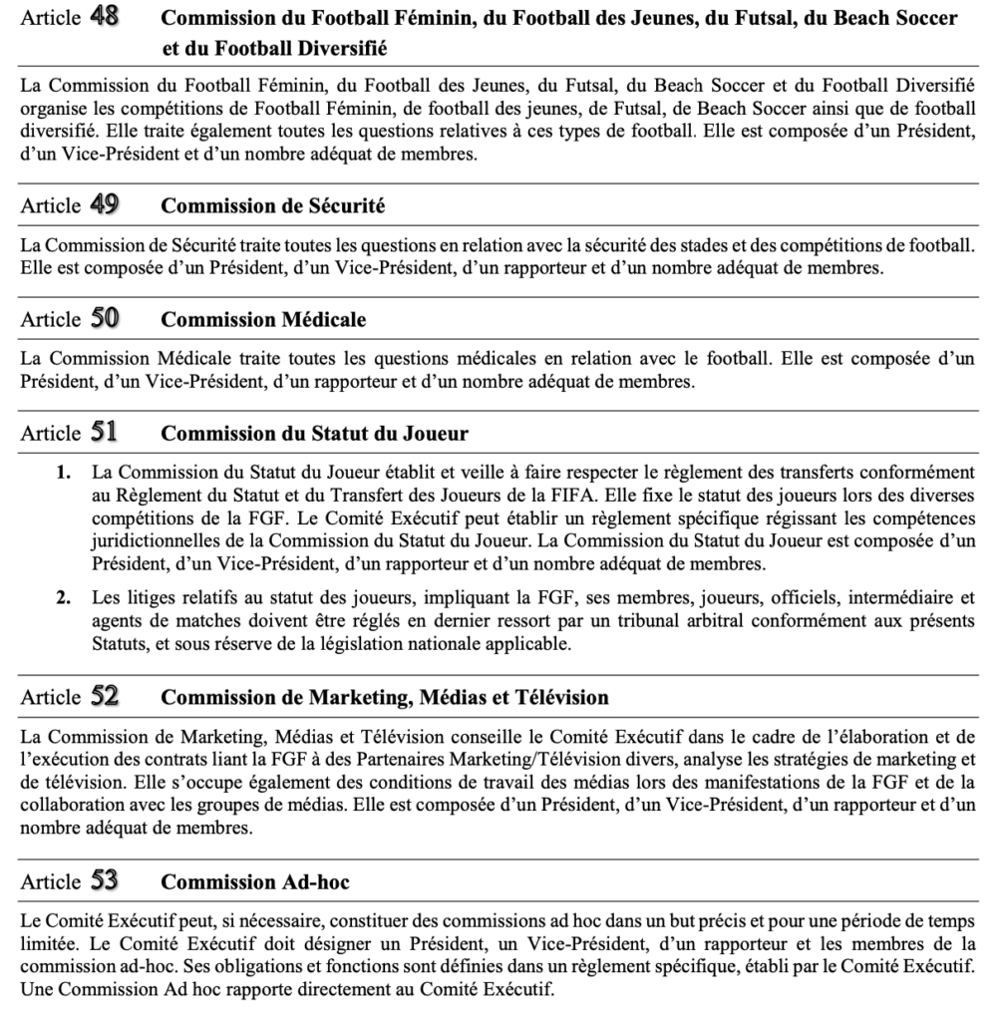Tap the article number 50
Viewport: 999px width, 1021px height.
[105, 319]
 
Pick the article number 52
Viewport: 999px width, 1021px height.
[105, 696]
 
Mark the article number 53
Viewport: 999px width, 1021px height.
[105, 881]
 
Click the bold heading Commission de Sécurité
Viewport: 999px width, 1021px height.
[273, 206]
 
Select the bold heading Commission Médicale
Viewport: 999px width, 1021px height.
[263, 320]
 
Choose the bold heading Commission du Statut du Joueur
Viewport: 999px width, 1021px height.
[315, 434]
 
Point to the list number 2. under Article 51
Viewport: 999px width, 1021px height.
[63, 599]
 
